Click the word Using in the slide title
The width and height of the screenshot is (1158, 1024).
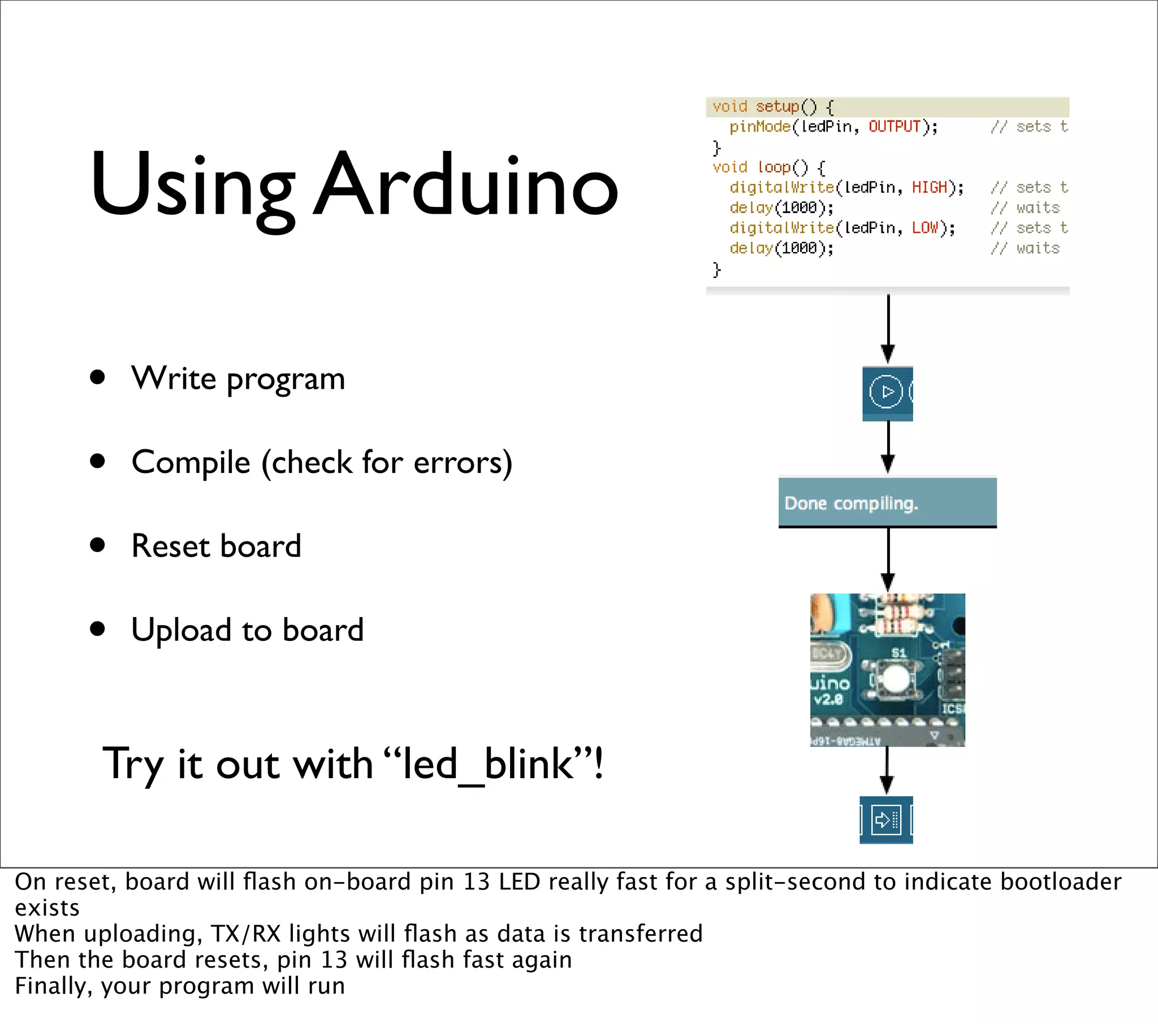pos(193,187)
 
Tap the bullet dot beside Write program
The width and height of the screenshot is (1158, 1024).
pos(97,377)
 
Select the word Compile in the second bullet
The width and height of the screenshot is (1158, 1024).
pos(191,463)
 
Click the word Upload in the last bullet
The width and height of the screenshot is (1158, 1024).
pos(182,630)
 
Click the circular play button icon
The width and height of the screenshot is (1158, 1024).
pos(885,392)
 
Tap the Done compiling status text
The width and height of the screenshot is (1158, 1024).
pos(851,503)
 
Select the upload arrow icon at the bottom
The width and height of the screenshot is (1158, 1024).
pos(886,819)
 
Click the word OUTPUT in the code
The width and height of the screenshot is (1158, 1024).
pos(895,126)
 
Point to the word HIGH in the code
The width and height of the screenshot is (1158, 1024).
pos(930,188)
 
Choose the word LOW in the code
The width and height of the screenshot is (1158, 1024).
pos(925,228)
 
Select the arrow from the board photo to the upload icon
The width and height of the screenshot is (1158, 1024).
pos(887,770)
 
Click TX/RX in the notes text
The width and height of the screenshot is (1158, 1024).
pos(246,934)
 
